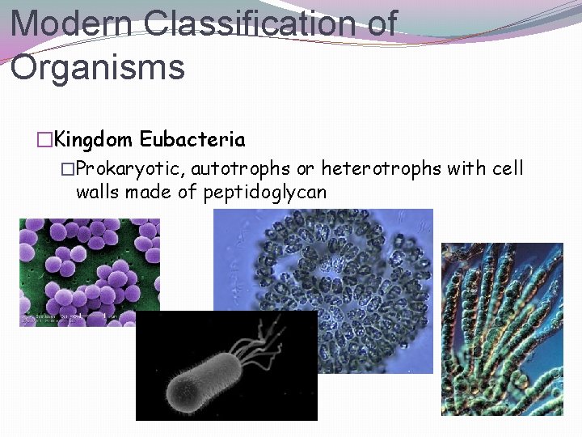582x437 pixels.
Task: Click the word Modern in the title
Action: coord(70,22)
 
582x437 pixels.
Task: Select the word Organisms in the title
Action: coord(98,66)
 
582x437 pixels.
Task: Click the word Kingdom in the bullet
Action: coord(94,139)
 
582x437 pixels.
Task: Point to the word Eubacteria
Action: coord(192,139)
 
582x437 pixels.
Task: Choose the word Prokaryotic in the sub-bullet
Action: coord(129,169)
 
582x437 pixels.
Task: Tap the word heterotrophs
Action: coord(381,169)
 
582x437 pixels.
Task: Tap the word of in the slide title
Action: coord(378,22)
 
